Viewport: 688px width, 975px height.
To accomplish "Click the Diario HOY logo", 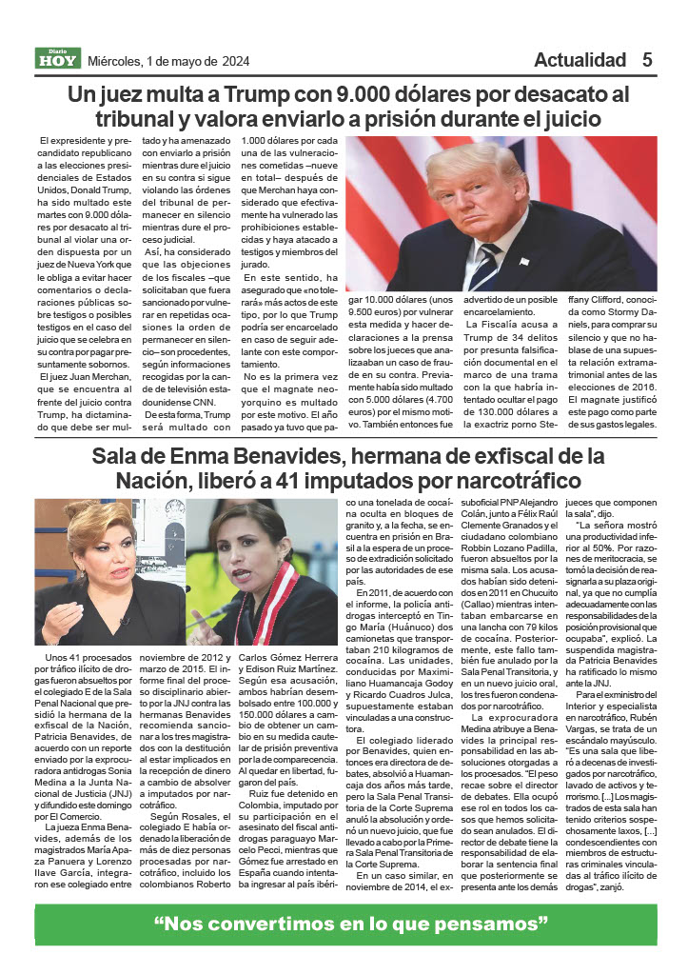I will [x=58, y=59].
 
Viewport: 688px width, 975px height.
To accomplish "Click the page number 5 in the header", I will [x=647, y=59].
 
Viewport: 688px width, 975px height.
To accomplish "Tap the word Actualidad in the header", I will [x=580, y=60].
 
